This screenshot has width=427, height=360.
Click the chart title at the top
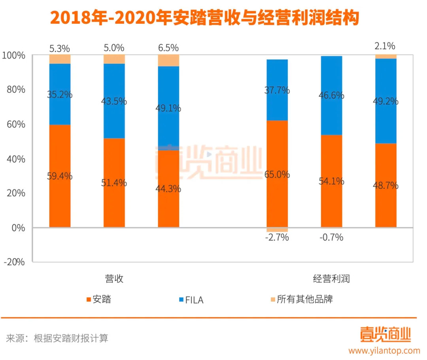(x=204, y=18)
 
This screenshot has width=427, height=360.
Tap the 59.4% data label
(x=60, y=176)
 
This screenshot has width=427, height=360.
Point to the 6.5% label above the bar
(x=168, y=48)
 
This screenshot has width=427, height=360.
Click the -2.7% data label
(x=277, y=238)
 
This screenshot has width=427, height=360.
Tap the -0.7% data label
(x=331, y=238)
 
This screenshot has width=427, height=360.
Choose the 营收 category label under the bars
(x=114, y=279)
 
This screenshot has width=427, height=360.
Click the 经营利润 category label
(x=331, y=279)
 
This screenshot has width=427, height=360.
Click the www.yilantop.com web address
(x=384, y=351)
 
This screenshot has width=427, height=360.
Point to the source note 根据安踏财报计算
(x=71, y=338)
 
